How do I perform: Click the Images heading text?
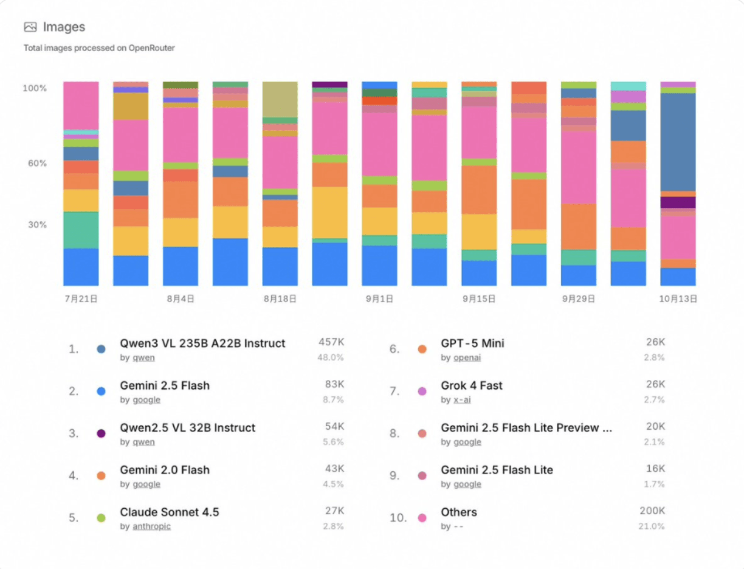pyautogui.click(x=64, y=27)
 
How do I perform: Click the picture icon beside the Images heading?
pyautogui.click(x=30, y=27)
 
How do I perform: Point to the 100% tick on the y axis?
pyautogui.click(x=35, y=88)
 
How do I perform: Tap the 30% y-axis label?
pyautogui.click(x=35, y=225)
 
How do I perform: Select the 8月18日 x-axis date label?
pyautogui.click(x=280, y=299)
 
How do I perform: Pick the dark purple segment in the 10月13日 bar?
pyautogui.click(x=678, y=202)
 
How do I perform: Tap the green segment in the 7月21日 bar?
pyautogui.click(x=81, y=230)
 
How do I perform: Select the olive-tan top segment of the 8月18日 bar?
pyautogui.click(x=280, y=99)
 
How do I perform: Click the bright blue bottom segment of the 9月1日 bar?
pyautogui.click(x=379, y=266)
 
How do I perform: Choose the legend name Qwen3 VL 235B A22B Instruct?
pyautogui.click(x=202, y=343)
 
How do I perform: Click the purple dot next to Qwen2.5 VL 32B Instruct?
pyautogui.click(x=102, y=433)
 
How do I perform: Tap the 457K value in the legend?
pyautogui.click(x=331, y=342)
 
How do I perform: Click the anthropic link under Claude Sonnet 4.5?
pyautogui.click(x=151, y=526)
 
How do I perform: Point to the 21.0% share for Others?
pyautogui.click(x=652, y=526)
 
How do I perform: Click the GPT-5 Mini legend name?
pyautogui.click(x=472, y=343)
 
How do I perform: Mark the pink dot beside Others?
pyautogui.click(x=422, y=518)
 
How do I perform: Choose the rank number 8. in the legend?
pyautogui.click(x=394, y=433)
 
